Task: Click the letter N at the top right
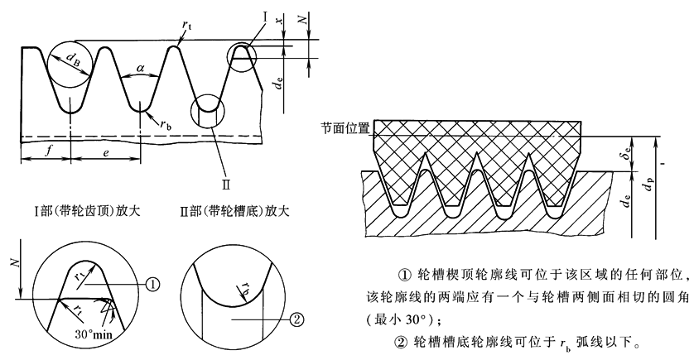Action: (x=306, y=17)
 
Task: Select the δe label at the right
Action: (x=631, y=154)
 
